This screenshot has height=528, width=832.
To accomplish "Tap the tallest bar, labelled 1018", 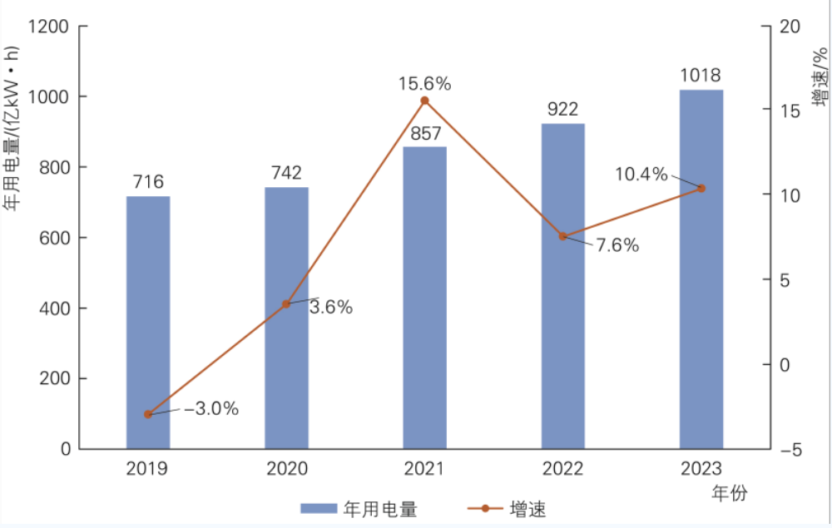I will (x=701, y=269).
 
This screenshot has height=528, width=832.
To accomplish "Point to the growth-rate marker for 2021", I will (x=424, y=101).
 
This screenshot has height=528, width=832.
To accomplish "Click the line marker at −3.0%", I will (x=148, y=414).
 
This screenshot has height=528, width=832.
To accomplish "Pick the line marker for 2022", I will (x=563, y=236).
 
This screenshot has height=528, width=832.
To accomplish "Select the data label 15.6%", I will (x=424, y=83).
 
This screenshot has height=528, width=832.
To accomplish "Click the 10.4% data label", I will (x=641, y=174).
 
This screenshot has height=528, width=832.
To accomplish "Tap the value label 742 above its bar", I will (x=286, y=173).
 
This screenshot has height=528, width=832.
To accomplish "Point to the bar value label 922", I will (x=563, y=109).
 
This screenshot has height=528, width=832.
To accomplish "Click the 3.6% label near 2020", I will (x=331, y=308).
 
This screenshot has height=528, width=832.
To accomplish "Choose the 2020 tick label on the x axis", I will (x=286, y=469).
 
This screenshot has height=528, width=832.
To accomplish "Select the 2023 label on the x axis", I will (x=701, y=469).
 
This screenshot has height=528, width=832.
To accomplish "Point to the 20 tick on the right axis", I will (x=790, y=27).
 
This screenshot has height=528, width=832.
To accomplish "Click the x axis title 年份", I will (x=730, y=493).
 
